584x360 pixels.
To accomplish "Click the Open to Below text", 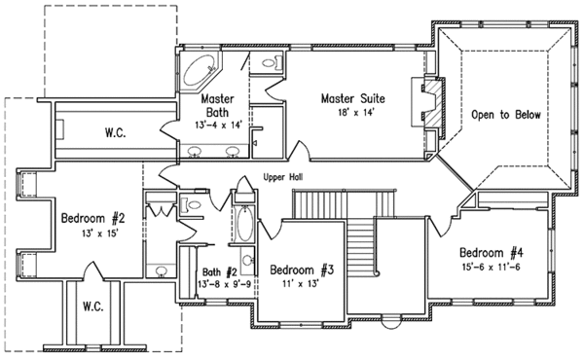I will [x=505, y=114].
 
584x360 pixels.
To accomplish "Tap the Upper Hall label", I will [x=283, y=178].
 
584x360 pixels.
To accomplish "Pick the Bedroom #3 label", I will [x=302, y=270].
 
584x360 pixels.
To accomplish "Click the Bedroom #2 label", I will [x=91, y=217].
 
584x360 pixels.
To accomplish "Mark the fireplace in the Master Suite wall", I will [x=428, y=101].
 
